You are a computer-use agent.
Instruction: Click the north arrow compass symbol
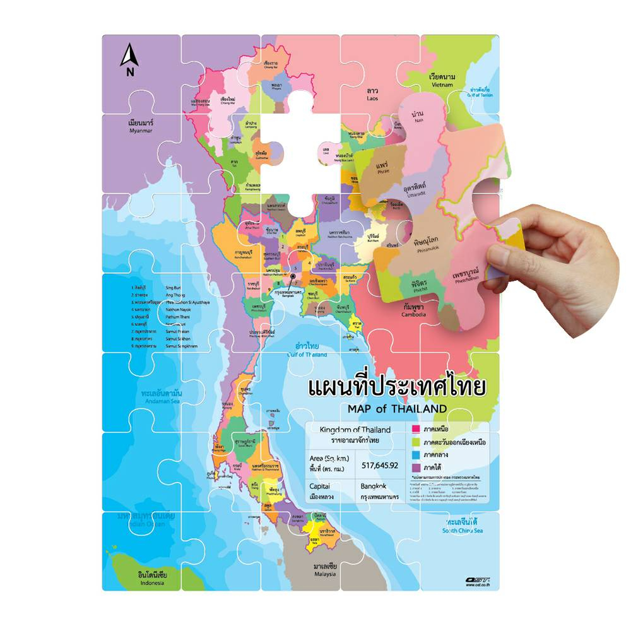[x=130, y=59]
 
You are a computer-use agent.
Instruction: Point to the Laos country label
[x=372, y=95]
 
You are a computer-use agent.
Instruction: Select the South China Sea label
[x=462, y=526]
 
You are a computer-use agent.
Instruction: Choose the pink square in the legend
[x=415, y=429]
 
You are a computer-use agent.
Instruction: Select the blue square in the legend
[x=415, y=454]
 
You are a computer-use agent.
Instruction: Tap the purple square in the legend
[x=415, y=467]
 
